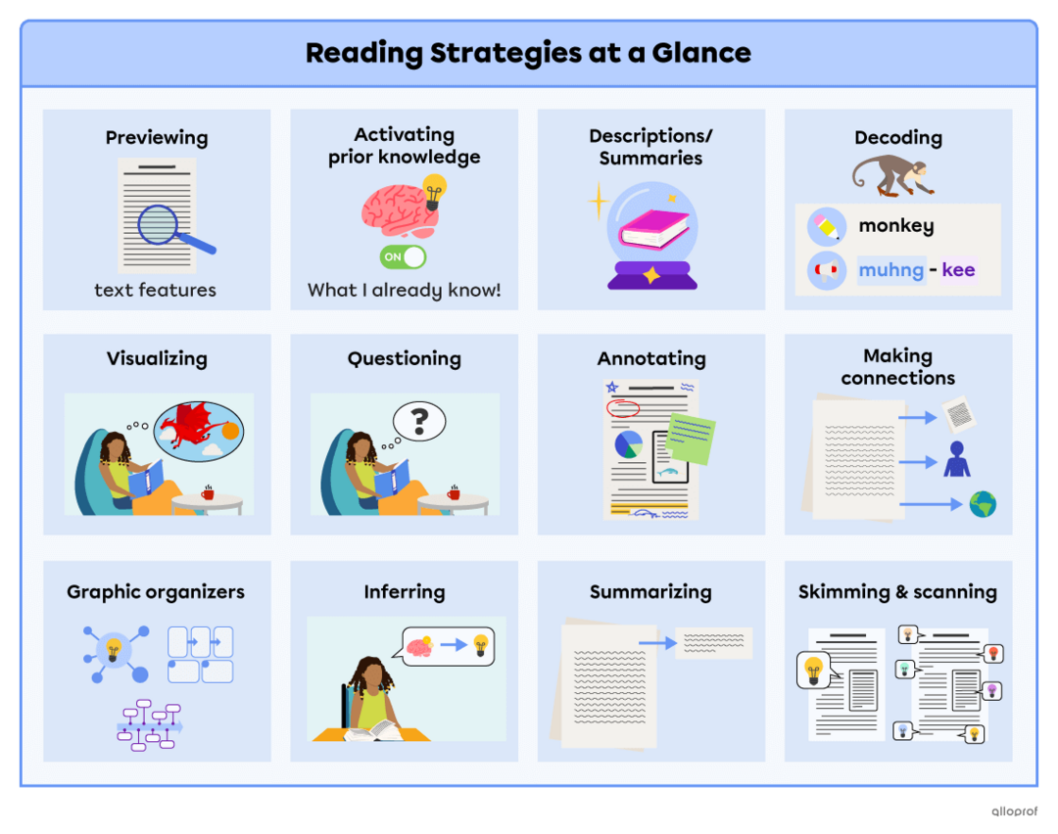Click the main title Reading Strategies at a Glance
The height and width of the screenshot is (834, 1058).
pyautogui.click(x=528, y=53)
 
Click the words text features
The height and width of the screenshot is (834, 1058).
pyautogui.click(x=155, y=290)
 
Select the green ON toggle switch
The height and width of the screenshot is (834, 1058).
pyautogui.click(x=404, y=256)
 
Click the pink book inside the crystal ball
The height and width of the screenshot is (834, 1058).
pyautogui.click(x=653, y=230)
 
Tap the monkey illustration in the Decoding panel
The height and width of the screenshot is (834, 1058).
pyautogui.click(x=892, y=174)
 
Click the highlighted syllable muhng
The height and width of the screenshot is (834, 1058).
pyautogui.click(x=890, y=270)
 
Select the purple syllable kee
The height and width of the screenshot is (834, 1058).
pyautogui.click(x=958, y=270)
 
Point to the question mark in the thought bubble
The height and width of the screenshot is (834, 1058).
pyautogui.click(x=419, y=422)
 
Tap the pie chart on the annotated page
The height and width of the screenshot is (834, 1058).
pyautogui.click(x=628, y=444)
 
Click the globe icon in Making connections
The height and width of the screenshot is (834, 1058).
pyautogui.click(x=982, y=504)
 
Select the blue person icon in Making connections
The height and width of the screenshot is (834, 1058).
pyautogui.click(x=956, y=459)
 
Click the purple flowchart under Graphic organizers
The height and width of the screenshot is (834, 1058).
pyautogui.click(x=148, y=725)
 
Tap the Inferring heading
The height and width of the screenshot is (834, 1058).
pyautogui.click(x=404, y=592)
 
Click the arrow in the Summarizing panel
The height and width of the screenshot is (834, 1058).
pyautogui.click(x=658, y=643)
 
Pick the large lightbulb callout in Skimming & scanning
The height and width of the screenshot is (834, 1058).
pyautogui.click(x=813, y=672)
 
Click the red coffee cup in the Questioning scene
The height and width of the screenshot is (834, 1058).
pyautogui.click(x=453, y=492)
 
